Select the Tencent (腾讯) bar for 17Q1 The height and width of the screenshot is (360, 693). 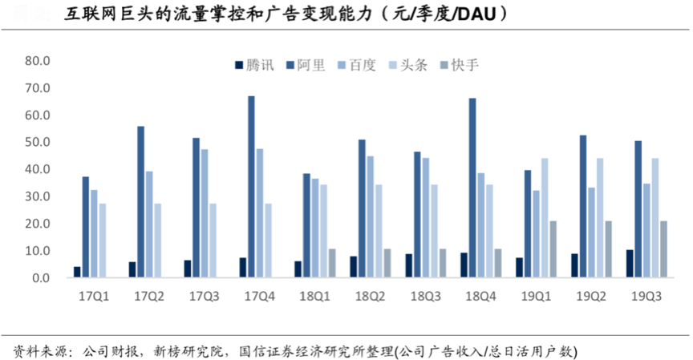[77, 272]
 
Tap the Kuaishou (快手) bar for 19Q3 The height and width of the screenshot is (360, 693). [663, 249]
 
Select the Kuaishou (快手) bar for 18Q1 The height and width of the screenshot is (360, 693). [332, 263]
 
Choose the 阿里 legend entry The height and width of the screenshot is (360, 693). [305, 65]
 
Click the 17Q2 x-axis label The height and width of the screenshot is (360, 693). [149, 297]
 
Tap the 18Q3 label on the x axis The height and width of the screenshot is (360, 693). [425, 297]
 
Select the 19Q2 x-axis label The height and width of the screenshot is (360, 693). [592, 297]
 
